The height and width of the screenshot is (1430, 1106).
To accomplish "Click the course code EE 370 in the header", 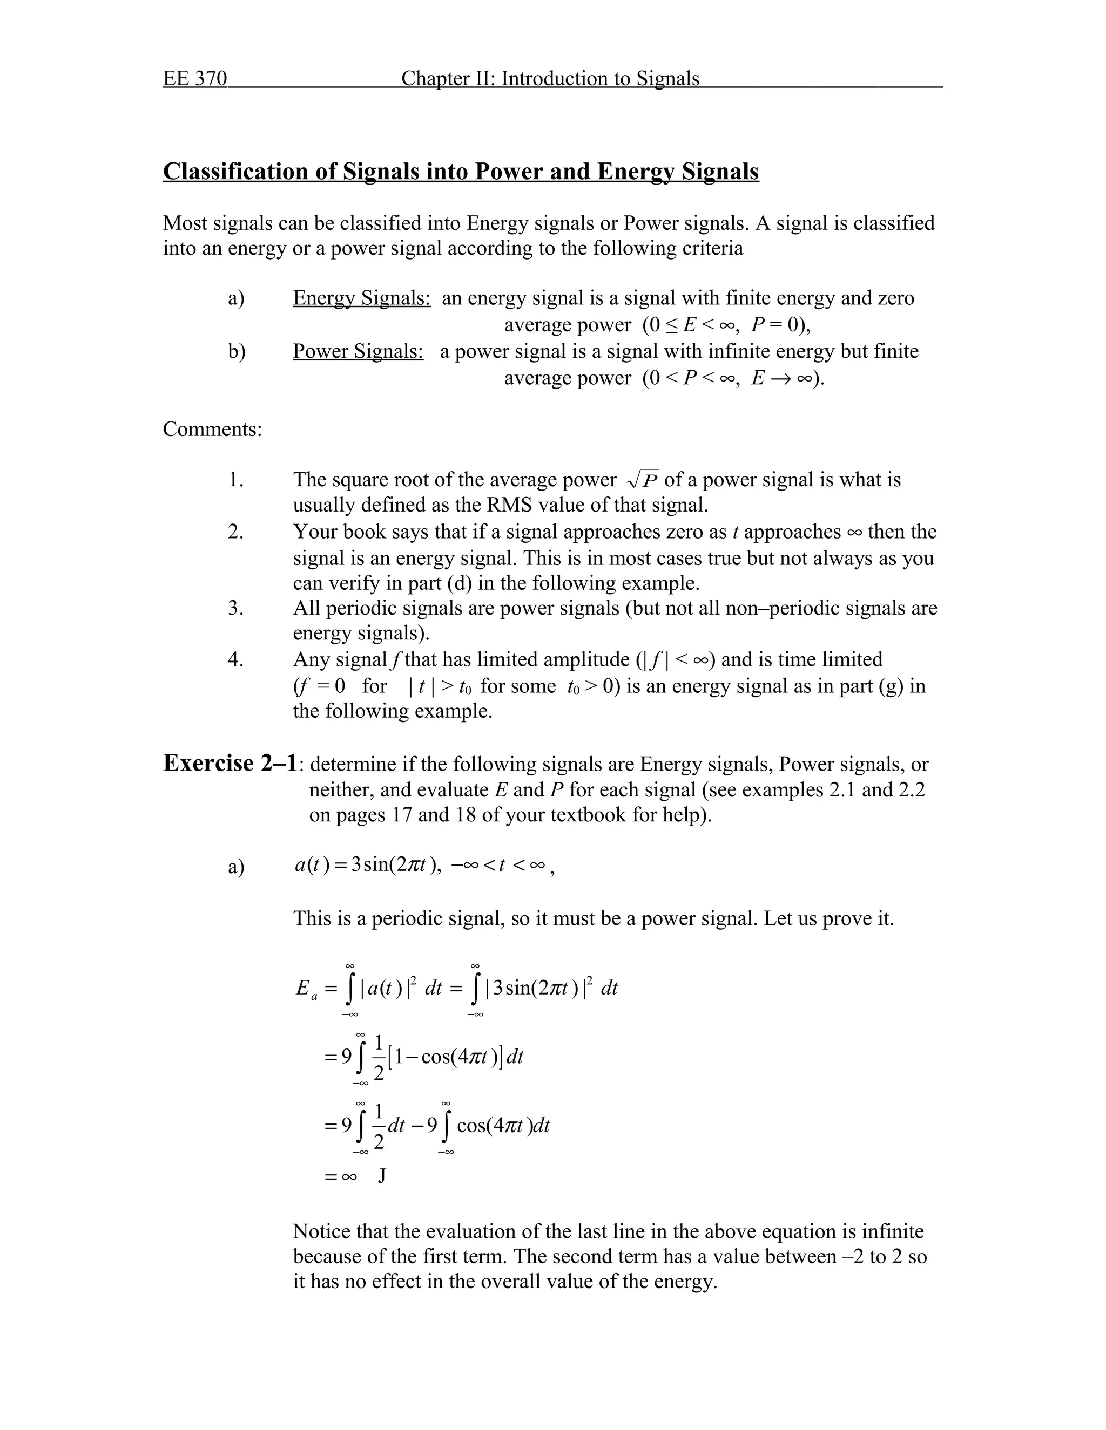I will click(x=194, y=79).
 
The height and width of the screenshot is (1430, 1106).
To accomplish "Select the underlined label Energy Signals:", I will click(x=361, y=298).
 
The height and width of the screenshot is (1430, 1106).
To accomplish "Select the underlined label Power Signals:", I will click(x=358, y=352).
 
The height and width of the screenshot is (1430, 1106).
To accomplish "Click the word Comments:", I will click(x=212, y=430).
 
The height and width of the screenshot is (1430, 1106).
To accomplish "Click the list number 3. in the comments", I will click(x=236, y=608).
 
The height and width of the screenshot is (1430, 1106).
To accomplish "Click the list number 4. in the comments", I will click(x=236, y=659).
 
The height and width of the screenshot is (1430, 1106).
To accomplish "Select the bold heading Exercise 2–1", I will click(x=233, y=764).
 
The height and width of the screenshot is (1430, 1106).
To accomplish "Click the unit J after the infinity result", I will click(x=382, y=1176).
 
